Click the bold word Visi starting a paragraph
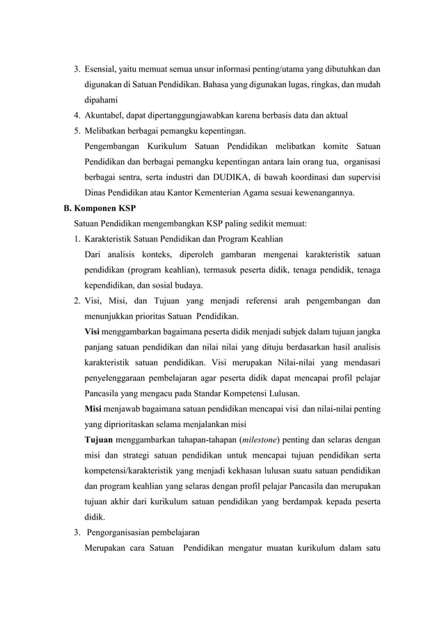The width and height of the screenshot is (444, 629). point(92,332)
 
